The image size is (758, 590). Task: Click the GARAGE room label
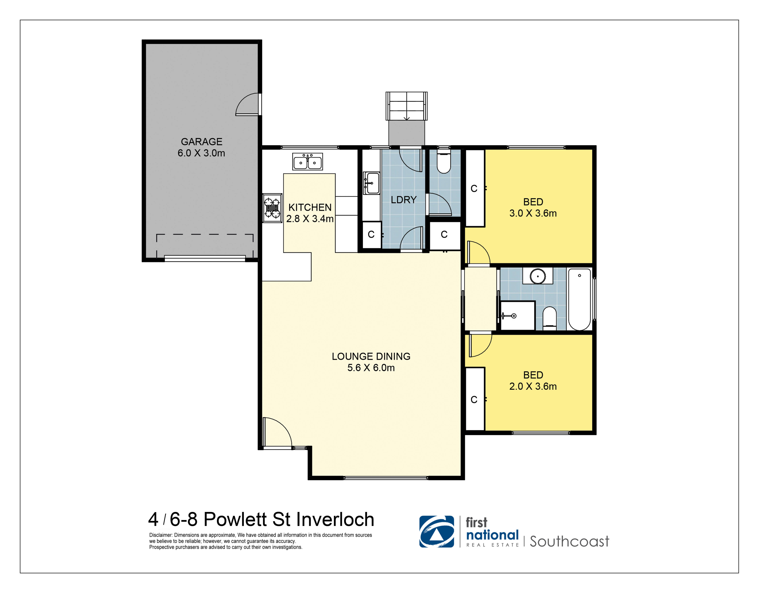point(201,142)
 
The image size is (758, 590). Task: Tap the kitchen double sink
point(308,162)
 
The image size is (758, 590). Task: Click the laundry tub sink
point(372,183)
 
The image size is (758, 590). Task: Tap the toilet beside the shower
point(549,318)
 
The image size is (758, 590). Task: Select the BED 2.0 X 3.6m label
point(533,381)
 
